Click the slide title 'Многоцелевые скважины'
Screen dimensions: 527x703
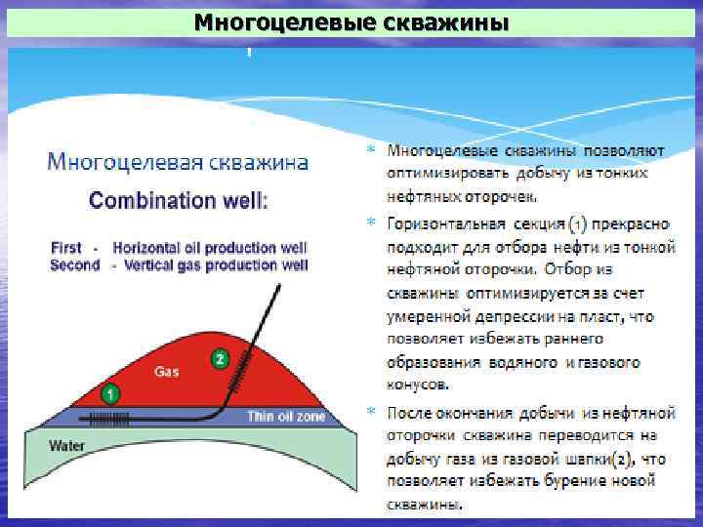point(351,21)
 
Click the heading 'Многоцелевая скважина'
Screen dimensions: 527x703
point(179,161)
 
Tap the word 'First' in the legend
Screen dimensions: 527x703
point(65,248)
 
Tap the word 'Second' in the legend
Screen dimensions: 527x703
point(75,264)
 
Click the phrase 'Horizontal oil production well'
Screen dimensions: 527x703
point(210,248)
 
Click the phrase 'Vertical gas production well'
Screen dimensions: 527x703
point(210,264)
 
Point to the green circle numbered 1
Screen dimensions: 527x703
point(111,395)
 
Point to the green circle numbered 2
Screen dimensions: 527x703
point(220,359)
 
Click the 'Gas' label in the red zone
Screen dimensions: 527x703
point(166,371)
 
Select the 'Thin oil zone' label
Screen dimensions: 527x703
point(286,417)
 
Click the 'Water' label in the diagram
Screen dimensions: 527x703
point(67,445)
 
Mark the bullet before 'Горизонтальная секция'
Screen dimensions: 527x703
point(370,223)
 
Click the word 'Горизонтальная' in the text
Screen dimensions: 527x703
point(439,223)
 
